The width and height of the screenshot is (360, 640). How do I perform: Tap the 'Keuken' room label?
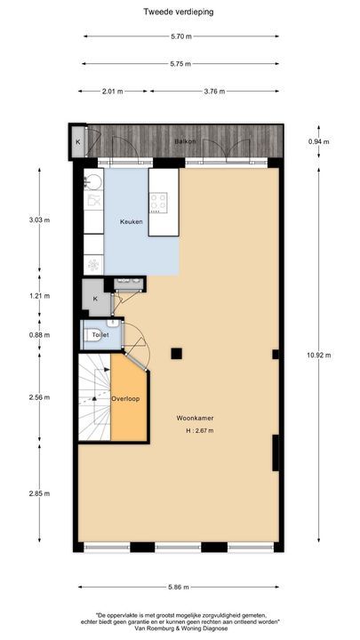(132, 221)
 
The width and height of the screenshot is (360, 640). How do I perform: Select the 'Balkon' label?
(185, 142)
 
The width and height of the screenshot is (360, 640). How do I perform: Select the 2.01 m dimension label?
(110, 91)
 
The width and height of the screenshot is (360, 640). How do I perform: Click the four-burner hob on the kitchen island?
(158, 202)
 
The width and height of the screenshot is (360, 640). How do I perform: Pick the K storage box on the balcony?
(77, 142)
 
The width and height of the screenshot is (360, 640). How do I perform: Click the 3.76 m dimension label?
(214, 91)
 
